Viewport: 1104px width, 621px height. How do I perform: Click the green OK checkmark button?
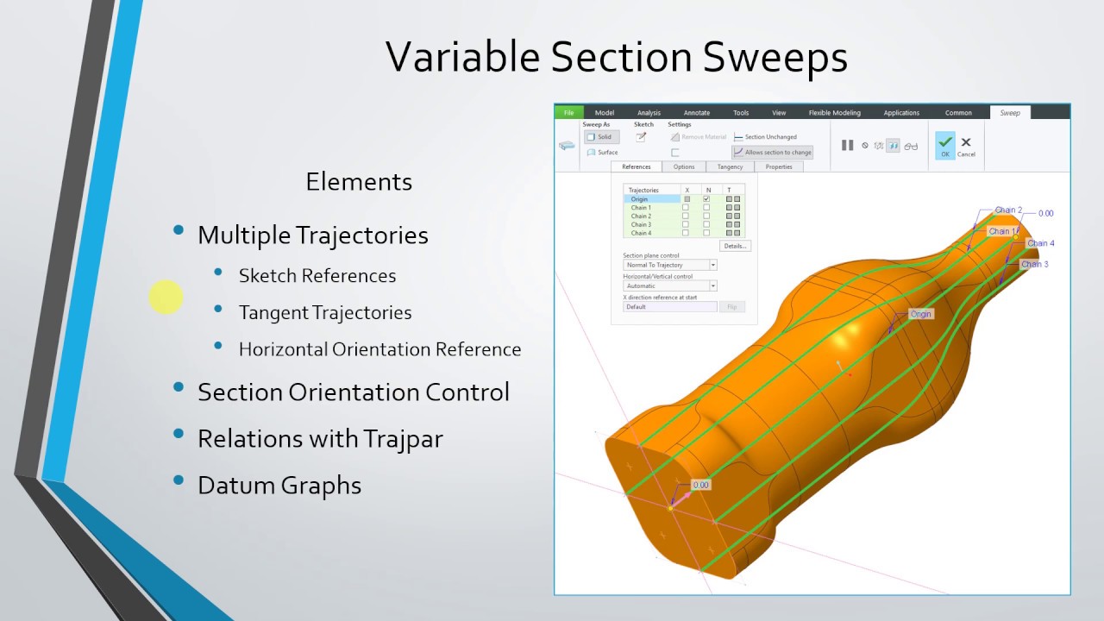pyautogui.click(x=945, y=144)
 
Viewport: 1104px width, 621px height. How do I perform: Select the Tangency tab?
pyautogui.click(x=730, y=166)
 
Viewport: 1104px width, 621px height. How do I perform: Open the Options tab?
pyautogui.click(x=684, y=166)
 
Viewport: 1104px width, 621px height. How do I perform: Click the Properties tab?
pyautogui.click(x=779, y=166)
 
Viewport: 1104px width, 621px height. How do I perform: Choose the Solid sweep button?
pyautogui.click(x=601, y=137)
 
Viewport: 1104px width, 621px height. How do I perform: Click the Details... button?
pyautogui.click(x=735, y=246)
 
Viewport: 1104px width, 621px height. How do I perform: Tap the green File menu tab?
pyautogui.click(x=568, y=113)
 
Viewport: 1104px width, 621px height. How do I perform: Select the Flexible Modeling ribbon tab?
pyautogui.click(x=834, y=113)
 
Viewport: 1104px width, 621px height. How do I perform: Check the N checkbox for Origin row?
pyautogui.click(x=706, y=199)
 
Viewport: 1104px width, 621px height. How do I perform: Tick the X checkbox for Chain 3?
pyautogui.click(x=686, y=224)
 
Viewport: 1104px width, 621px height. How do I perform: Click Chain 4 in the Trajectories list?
pyautogui.click(x=641, y=233)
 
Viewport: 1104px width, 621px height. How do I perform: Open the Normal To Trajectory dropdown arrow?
pyautogui.click(x=713, y=266)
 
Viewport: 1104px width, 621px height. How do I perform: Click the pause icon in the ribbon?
pyautogui.click(x=847, y=146)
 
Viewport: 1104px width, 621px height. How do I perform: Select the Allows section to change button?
pyautogui.click(x=774, y=153)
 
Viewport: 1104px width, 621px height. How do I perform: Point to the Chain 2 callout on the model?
pyautogui.click(x=1008, y=210)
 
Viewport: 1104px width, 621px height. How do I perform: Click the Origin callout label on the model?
pyautogui.click(x=921, y=314)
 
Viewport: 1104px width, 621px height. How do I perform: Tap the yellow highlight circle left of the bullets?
pyautogui.click(x=166, y=298)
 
